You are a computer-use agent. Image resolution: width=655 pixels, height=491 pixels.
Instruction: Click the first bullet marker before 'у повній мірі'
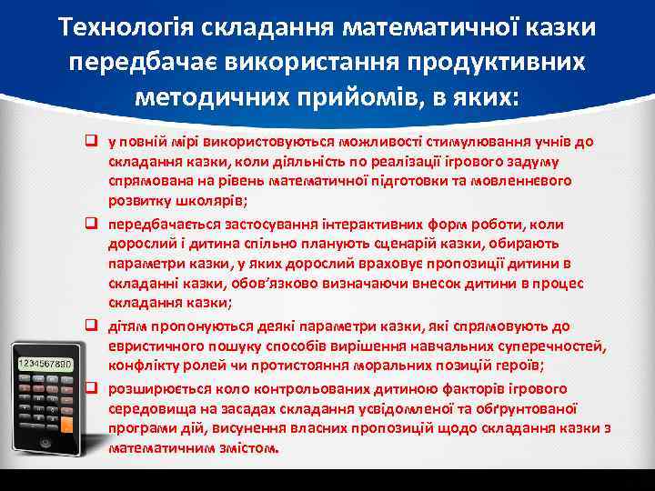(92, 143)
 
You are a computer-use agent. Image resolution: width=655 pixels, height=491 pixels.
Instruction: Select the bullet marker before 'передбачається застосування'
(92, 223)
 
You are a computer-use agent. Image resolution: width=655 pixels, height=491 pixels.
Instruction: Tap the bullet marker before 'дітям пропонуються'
(92, 325)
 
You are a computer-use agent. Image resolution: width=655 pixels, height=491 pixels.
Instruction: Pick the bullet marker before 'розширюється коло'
(92, 385)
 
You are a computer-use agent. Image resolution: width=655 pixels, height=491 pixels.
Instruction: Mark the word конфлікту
(141, 365)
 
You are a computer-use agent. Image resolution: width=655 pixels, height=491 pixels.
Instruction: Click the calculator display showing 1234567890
(45, 363)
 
